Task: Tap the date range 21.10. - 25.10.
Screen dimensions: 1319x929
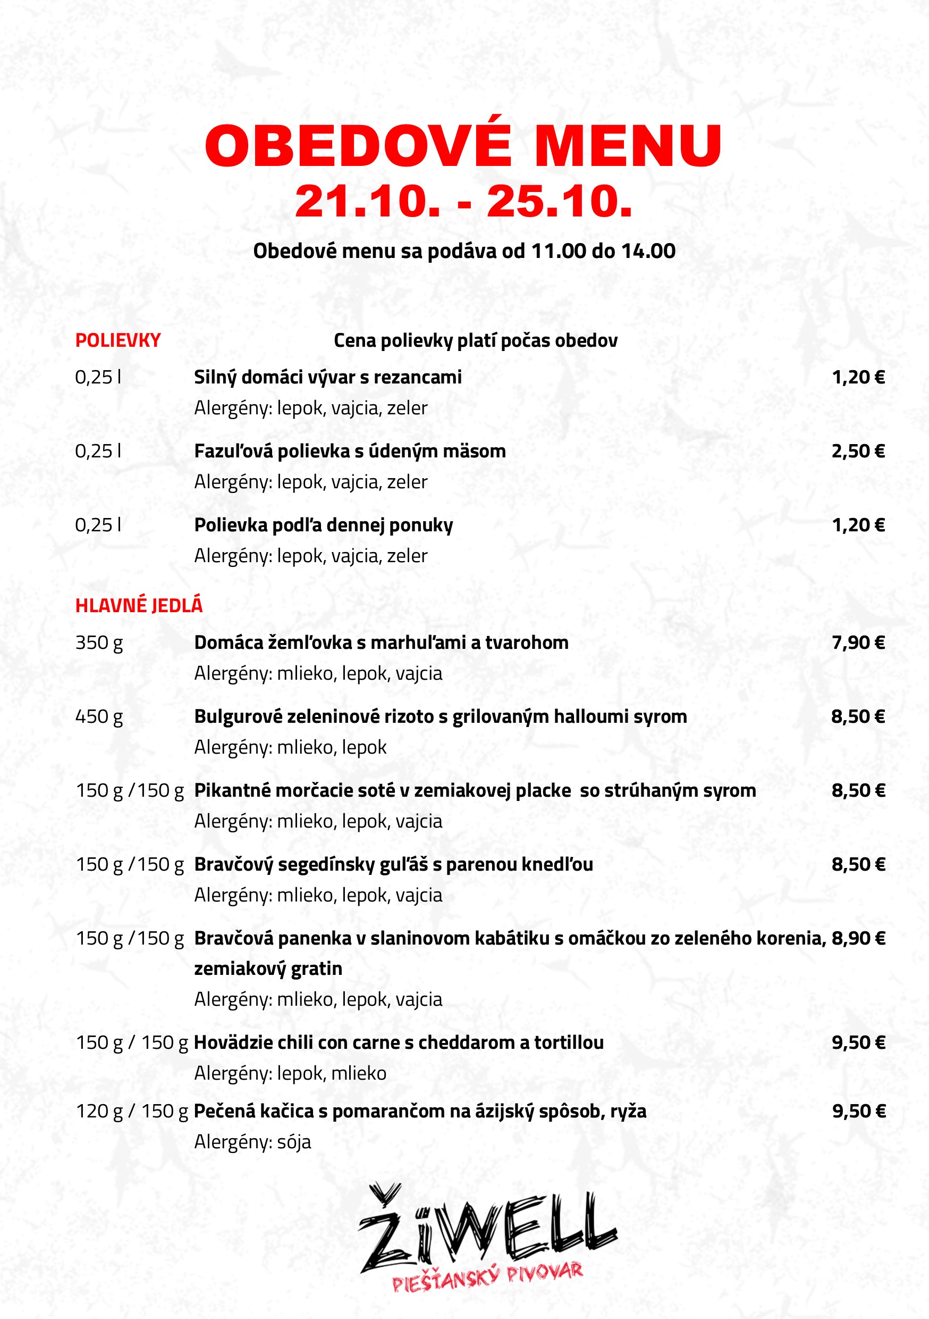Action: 463,202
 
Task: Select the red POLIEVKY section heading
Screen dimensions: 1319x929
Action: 117,340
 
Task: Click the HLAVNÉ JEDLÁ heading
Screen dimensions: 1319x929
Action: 139,605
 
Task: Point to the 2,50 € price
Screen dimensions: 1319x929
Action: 858,451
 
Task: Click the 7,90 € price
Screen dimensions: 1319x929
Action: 858,642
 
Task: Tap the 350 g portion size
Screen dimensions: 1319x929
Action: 99,642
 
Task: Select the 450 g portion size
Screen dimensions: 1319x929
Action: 99,716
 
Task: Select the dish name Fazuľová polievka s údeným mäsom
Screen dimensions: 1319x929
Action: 350,451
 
